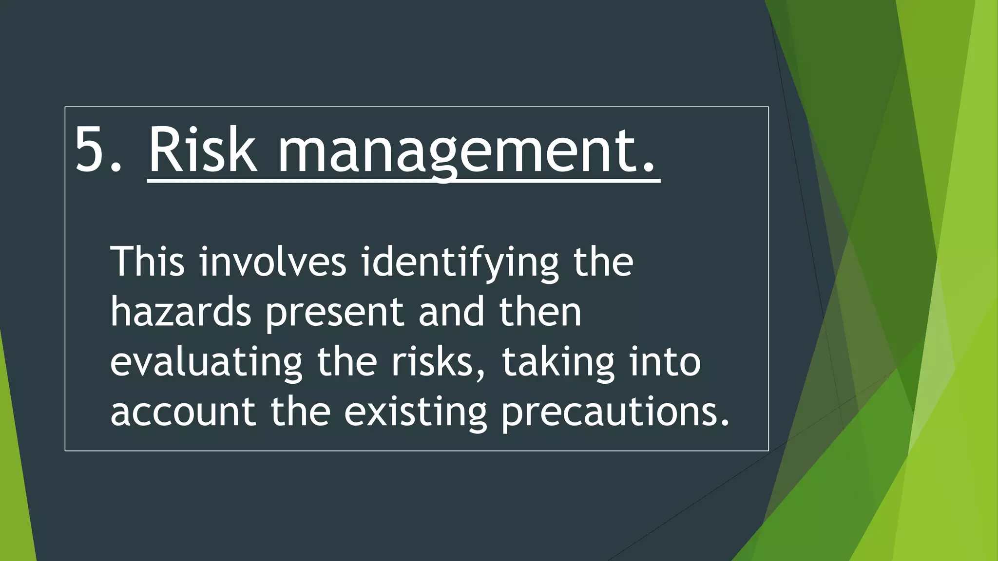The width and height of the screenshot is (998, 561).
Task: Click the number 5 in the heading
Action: coord(90,150)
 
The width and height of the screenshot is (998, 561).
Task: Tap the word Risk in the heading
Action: coord(202,150)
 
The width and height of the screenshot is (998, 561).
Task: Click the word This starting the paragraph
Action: coord(148,262)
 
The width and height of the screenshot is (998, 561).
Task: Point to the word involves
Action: coord(273,262)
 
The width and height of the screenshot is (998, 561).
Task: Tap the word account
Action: coord(183,412)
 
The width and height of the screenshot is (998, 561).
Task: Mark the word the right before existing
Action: coord(301,411)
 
